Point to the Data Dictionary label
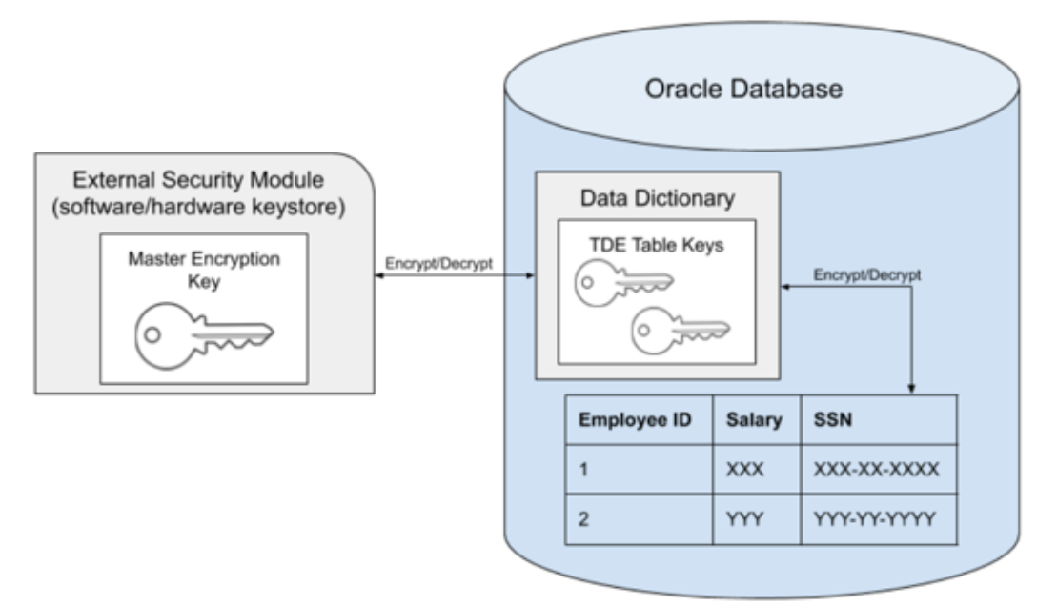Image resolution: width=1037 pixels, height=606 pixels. tap(657, 198)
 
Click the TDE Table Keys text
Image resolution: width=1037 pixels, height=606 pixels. tap(657, 245)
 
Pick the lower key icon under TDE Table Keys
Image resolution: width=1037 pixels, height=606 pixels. tap(681, 329)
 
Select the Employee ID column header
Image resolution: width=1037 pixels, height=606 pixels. tap(637, 420)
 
